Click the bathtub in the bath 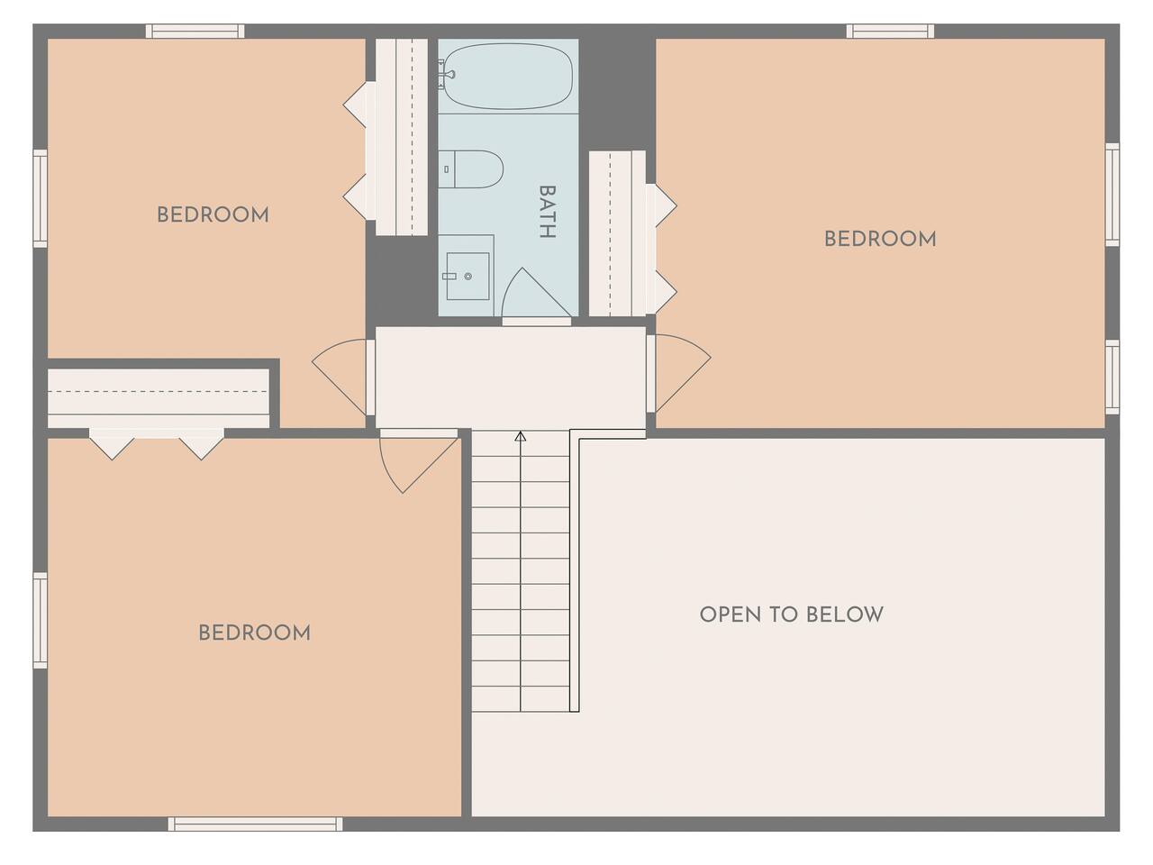coord(507,77)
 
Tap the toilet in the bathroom coord(470,168)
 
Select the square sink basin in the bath coord(468,277)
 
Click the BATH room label coord(548,212)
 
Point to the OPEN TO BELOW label coord(792,615)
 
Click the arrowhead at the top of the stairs coord(521,436)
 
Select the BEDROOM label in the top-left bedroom coord(213,214)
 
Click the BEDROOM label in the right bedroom coord(880,240)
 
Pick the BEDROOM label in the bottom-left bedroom coord(254,633)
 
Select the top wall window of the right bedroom coord(890,31)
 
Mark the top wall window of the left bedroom coord(195,31)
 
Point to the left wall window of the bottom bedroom coord(41,620)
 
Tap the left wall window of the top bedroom coord(41,198)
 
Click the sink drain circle coord(468,277)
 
